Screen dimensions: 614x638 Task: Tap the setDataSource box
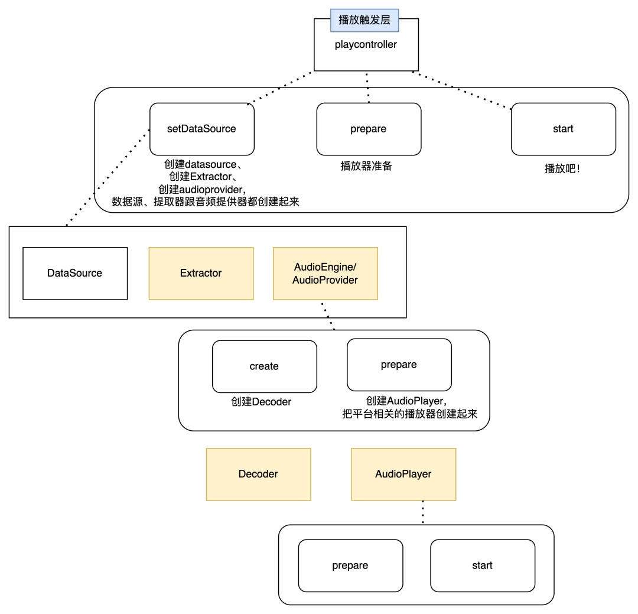(202, 129)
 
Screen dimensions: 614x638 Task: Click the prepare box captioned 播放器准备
(369, 129)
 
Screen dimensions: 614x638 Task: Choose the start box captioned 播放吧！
(563, 129)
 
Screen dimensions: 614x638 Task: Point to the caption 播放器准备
(366, 166)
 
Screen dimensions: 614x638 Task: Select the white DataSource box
(75, 273)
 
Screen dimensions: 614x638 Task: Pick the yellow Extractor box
(201, 273)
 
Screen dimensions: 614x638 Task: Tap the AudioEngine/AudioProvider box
(325, 273)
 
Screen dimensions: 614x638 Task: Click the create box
(264, 366)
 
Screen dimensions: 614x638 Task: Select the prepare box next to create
(399, 365)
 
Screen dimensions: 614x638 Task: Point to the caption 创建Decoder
(261, 402)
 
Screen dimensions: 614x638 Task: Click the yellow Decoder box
(258, 474)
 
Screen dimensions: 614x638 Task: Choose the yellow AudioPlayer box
(403, 474)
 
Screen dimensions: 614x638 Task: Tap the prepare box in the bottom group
(350, 566)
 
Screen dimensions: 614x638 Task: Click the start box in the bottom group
(482, 566)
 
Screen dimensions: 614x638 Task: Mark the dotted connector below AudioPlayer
(423, 512)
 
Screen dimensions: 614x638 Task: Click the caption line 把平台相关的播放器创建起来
(409, 414)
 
